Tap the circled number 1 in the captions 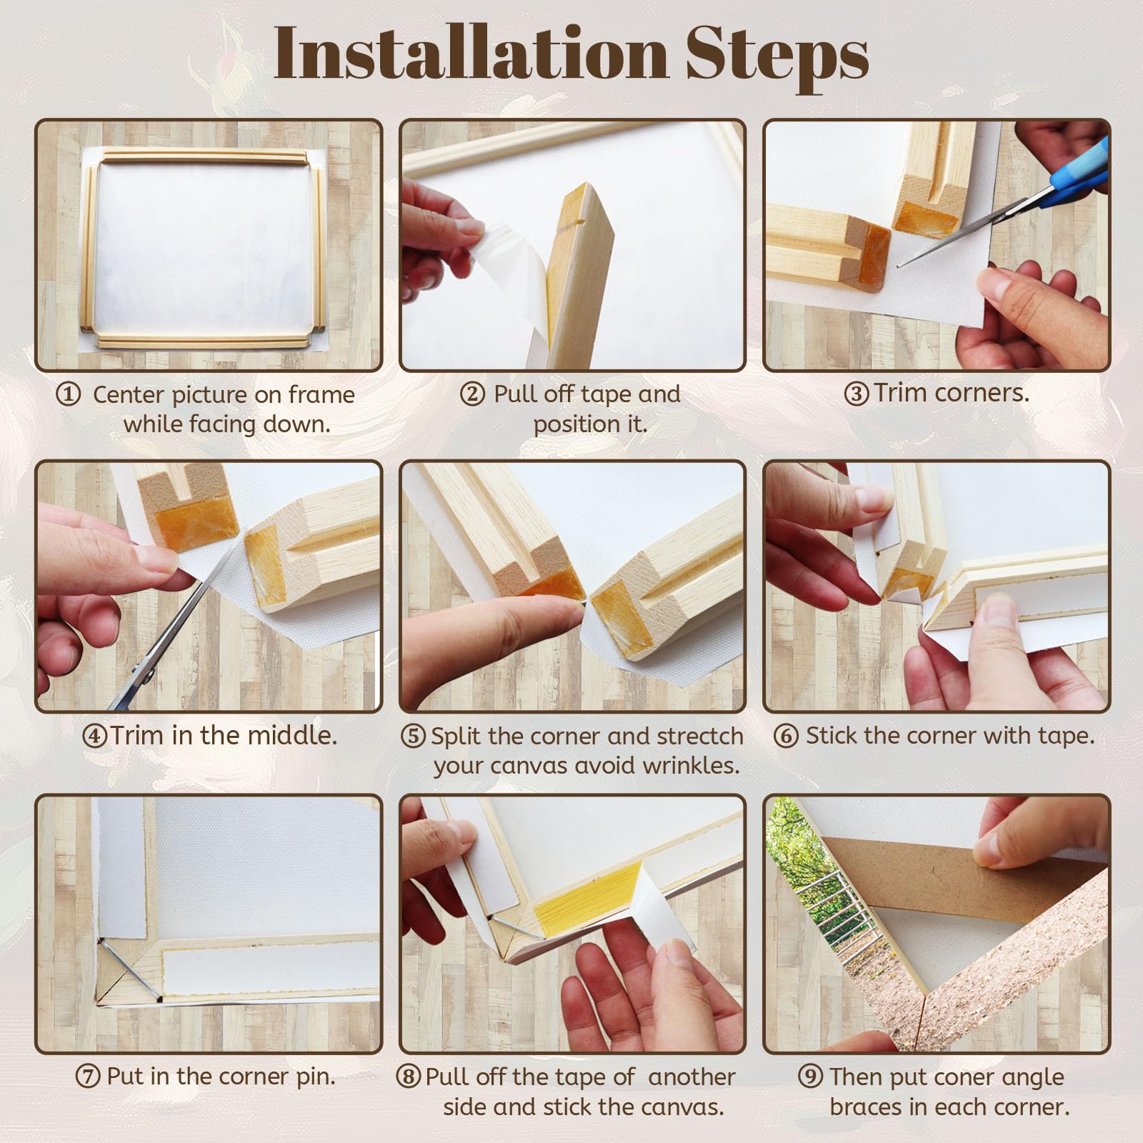(68, 394)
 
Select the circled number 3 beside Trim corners (857, 394)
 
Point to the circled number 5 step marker (413, 736)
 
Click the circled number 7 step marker (88, 1077)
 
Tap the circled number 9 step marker (810, 1077)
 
